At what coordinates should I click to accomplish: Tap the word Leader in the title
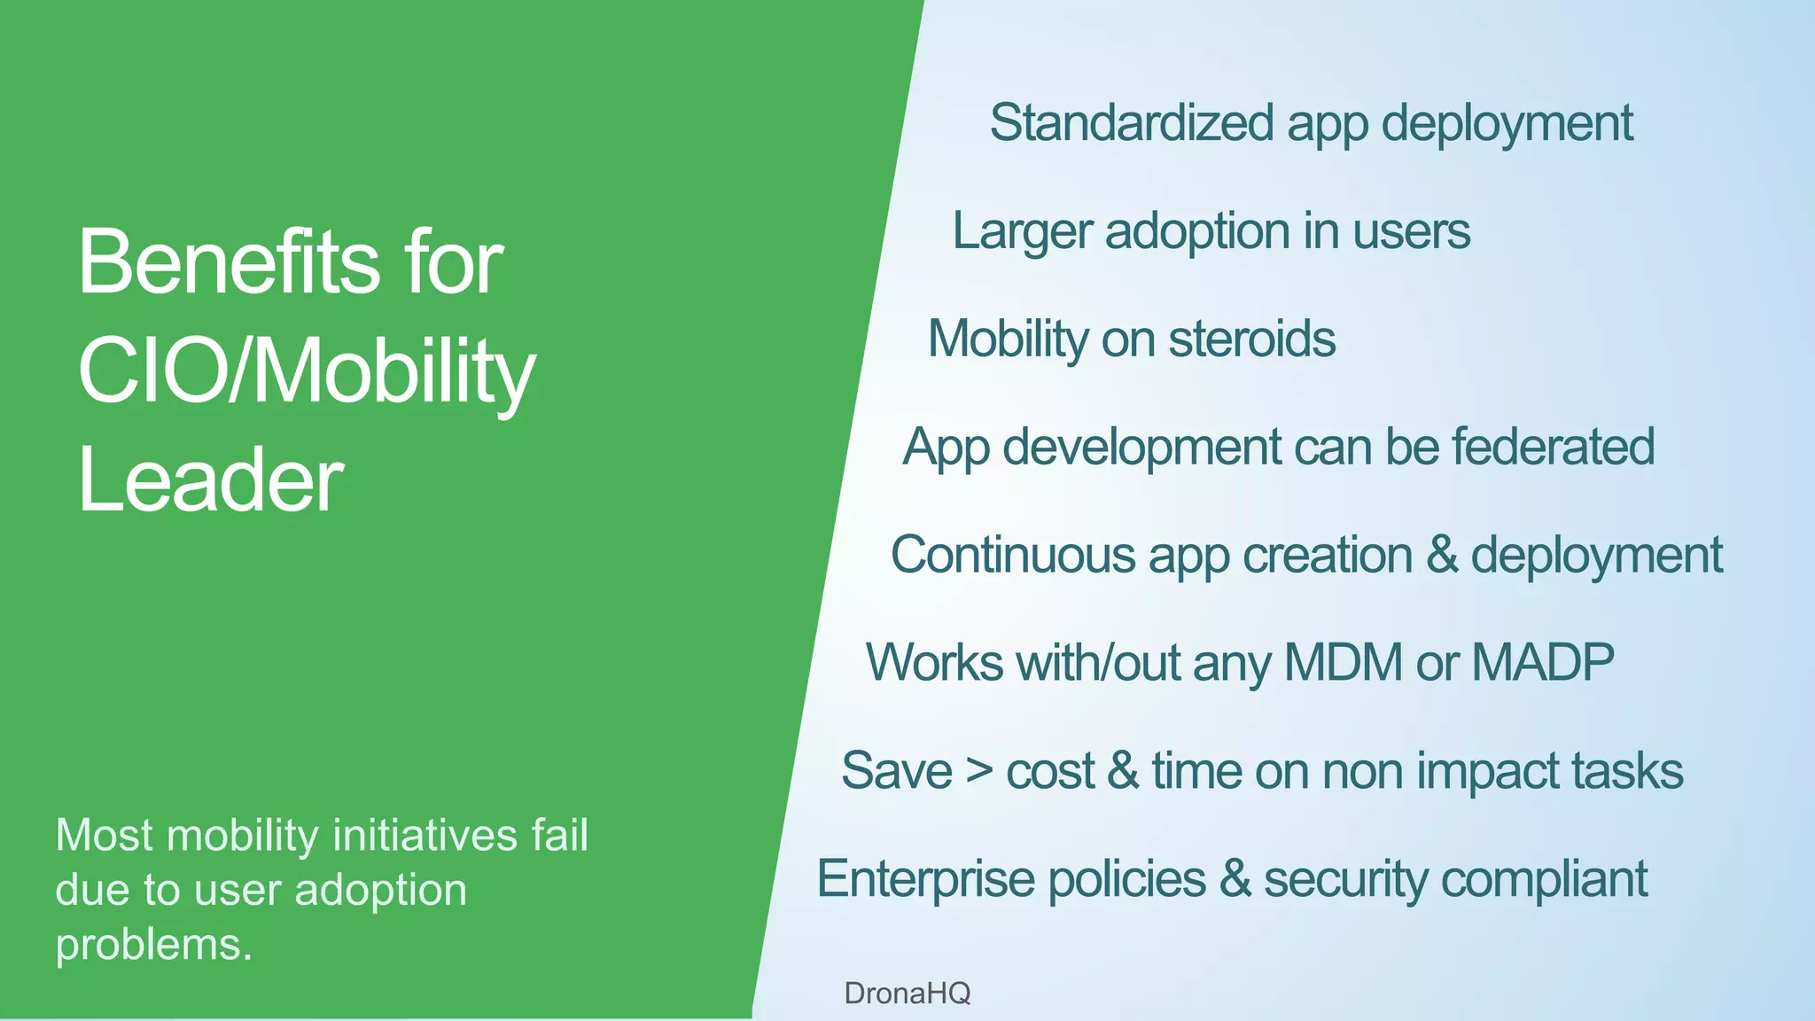(210, 480)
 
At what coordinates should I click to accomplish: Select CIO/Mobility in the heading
(307, 372)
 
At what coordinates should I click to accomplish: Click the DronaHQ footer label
(907, 993)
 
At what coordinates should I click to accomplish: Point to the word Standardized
(1132, 122)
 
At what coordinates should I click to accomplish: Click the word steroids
(1251, 339)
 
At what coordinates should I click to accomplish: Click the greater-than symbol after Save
(979, 770)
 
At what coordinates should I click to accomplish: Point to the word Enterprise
(925, 879)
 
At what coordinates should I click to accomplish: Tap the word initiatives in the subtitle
(425, 836)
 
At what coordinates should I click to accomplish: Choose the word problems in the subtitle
(153, 945)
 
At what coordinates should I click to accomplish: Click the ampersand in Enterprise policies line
(1235, 878)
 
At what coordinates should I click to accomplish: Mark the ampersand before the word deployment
(1442, 555)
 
